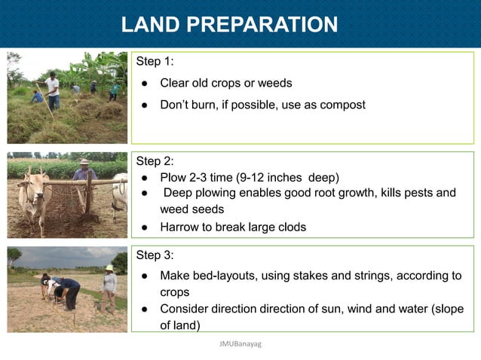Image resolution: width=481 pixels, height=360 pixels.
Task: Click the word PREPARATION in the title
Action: [x=262, y=25]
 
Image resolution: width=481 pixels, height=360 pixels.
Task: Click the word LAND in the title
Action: [x=151, y=25]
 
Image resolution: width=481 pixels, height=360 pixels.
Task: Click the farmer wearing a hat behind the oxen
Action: [x=84, y=172]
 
